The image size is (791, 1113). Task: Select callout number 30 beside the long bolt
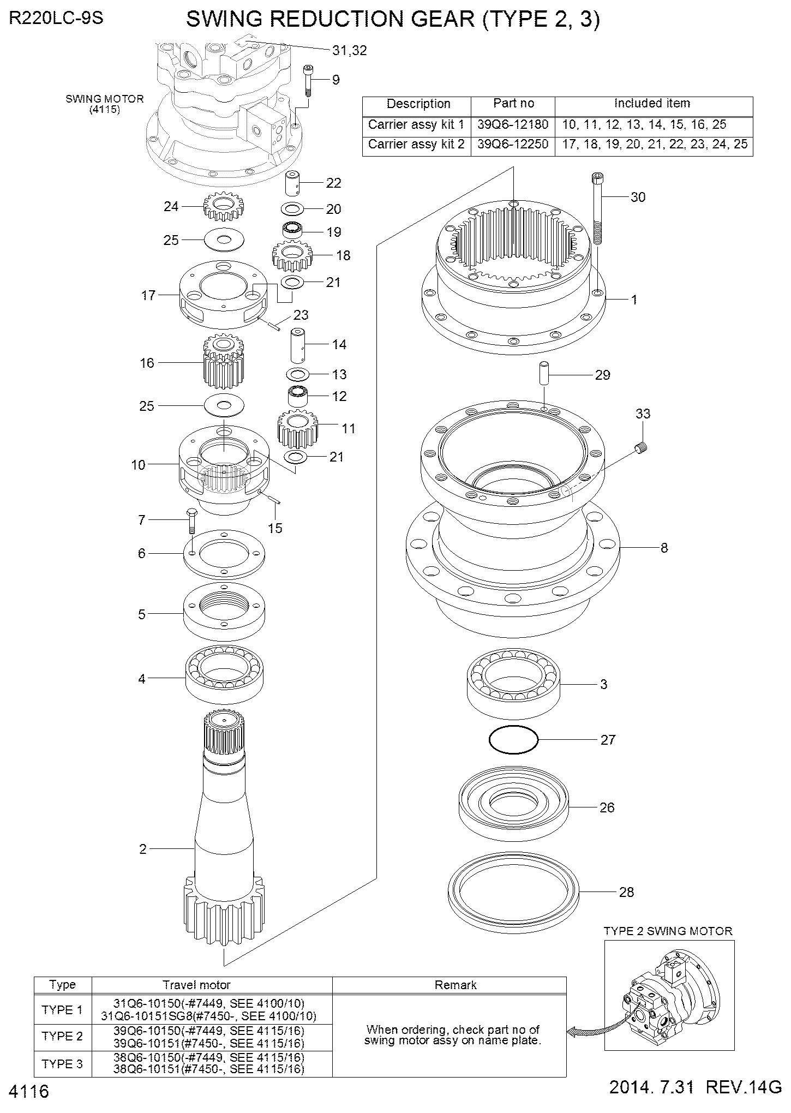click(x=638, y=197)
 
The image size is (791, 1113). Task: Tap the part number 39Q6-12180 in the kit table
click(x=513, y=124)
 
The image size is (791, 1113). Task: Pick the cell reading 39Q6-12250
click(x=513, y=145)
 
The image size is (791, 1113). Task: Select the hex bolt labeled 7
click(x=191, y=520)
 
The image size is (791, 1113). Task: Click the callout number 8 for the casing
click(x=664, y=547)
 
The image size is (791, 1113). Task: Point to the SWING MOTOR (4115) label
click(x=105, y=104)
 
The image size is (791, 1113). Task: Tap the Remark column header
click(x=456, y=985)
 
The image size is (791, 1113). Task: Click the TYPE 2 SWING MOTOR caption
click(x=668, y=931)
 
